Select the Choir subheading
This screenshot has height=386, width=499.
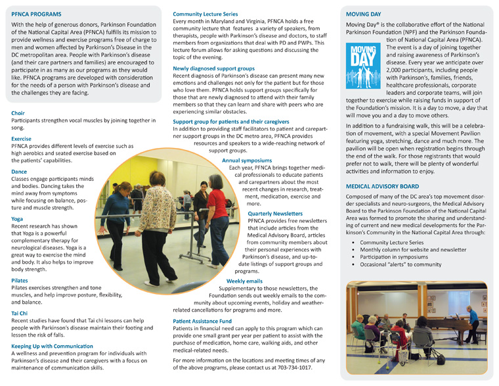[18, 113]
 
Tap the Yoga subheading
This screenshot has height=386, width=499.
[17, 218]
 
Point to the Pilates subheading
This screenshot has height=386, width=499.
[19, 280]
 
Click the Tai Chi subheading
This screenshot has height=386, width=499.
[20, 314]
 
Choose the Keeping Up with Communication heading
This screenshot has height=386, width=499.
[54, 345]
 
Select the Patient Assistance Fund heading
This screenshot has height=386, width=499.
[203, 320]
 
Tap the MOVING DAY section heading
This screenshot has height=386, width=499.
[367, 13]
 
